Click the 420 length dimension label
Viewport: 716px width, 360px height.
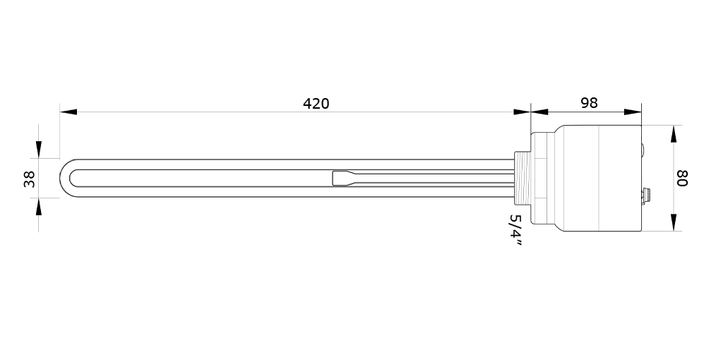[316, 104]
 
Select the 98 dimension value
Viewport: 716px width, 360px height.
[589, 103]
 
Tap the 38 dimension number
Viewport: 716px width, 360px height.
[29, 179]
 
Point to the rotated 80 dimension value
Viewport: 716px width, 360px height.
[681, 178]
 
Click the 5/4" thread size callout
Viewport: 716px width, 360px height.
[516, 230]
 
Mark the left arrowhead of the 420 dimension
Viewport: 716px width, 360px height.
[68, 112]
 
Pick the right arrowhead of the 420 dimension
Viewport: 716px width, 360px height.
[522, 112]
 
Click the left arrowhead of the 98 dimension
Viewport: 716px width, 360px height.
[539, 112]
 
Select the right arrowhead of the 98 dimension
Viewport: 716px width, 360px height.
[633, 112]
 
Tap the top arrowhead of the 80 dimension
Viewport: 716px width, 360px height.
[674, 133]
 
